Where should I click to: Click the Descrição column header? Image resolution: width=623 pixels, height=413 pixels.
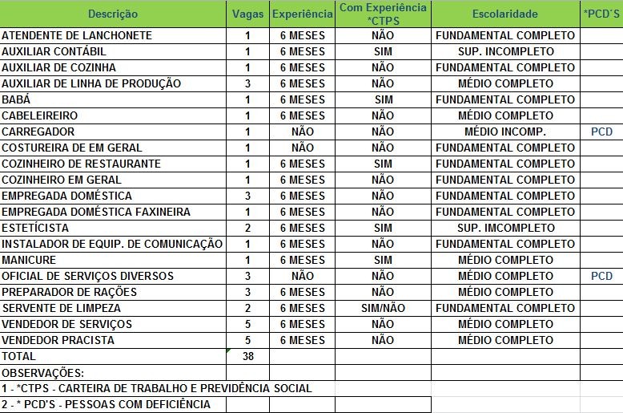(x=113, y=14)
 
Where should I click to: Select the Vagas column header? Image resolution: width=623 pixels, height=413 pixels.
(x=247, y=14)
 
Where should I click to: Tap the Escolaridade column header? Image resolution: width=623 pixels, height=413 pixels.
(x=504, y=14)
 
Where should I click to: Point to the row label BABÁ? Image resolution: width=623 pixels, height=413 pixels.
(x=16, y=99)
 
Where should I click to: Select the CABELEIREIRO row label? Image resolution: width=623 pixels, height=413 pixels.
(x=40, y=115)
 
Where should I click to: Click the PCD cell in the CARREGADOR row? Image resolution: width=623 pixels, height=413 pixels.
(x=601, y=132)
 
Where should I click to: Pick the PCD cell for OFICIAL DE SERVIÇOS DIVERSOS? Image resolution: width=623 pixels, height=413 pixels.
(x=601, y=276)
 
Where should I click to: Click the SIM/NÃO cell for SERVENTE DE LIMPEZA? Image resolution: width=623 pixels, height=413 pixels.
(x=383, y=308)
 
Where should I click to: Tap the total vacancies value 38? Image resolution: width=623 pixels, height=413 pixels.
(x=247, y=356)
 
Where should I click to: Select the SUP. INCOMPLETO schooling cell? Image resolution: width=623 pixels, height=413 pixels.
(x=504, y=51)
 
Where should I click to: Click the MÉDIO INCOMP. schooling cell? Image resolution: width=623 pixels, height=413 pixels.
(x=504, y=132)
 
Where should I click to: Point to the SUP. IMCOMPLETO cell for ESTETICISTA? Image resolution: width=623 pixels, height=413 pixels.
(x=504, y=228)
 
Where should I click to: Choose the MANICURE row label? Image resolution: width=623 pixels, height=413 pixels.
(x=29, y=260)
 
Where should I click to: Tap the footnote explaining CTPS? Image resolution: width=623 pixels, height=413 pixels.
(x=156, y=388)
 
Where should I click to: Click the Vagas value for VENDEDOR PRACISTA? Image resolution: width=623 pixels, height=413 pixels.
(x=247, y=340)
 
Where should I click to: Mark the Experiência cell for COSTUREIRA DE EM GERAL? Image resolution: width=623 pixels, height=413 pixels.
(x=302, y=148)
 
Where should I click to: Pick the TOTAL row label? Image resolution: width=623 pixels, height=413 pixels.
(x=18, y=356)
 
